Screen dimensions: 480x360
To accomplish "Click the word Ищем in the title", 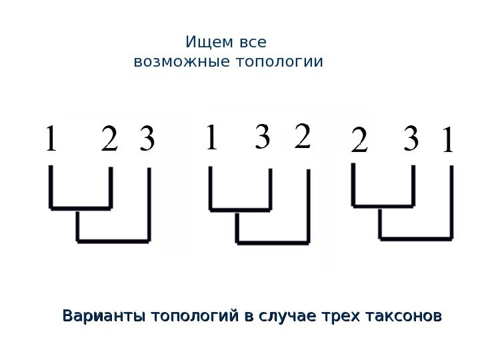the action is (207, 43).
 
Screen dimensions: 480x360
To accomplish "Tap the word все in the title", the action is (251, 43).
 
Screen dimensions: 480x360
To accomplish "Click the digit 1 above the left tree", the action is (49, 140).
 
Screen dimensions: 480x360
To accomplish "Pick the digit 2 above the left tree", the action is (110, 140).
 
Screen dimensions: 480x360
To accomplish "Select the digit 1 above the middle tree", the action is (211, 139).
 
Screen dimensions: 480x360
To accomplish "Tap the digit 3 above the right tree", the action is (411, 139).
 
